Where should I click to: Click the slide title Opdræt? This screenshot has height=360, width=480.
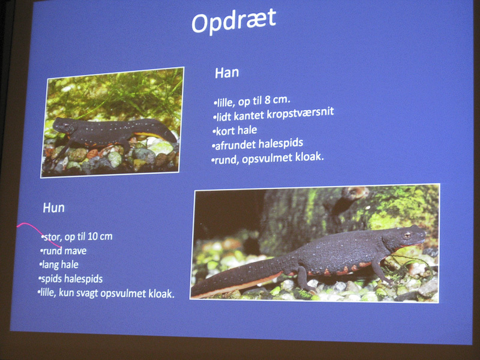click(x=234, y=21)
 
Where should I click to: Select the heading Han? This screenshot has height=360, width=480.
click(x=227, y=73)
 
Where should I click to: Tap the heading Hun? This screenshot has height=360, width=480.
click(x=54, y=208)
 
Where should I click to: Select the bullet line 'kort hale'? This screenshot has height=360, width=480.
click(x=235, y=131)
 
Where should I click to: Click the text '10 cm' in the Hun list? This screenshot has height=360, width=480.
click(x=100, y=236)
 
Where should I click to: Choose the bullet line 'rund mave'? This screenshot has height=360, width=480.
click(x=64, y=251)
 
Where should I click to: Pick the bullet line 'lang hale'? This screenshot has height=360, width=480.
click(x=59, y=265)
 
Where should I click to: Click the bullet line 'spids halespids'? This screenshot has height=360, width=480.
click(x=70, y=279)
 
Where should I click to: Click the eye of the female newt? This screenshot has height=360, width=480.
click(x=407, y=235)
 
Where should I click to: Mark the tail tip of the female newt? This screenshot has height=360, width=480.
click(x=193, y=295)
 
